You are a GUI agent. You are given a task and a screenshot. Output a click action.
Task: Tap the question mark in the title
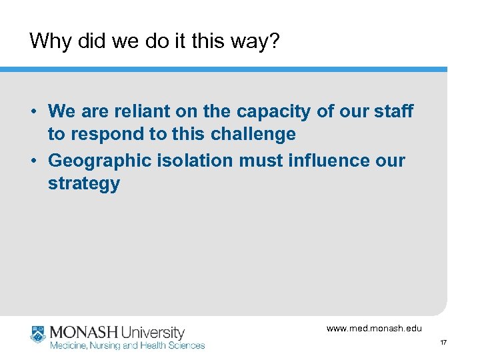click(x=274, y=42)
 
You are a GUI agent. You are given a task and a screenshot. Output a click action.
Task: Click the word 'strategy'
click(x=83, y=185)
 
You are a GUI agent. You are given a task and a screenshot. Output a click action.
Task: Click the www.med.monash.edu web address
click(x=374, y=328)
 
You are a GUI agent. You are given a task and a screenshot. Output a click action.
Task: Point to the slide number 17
click(x=443, y=343)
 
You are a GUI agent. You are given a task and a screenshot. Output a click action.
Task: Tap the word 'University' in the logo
click(x=153, y=332)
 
